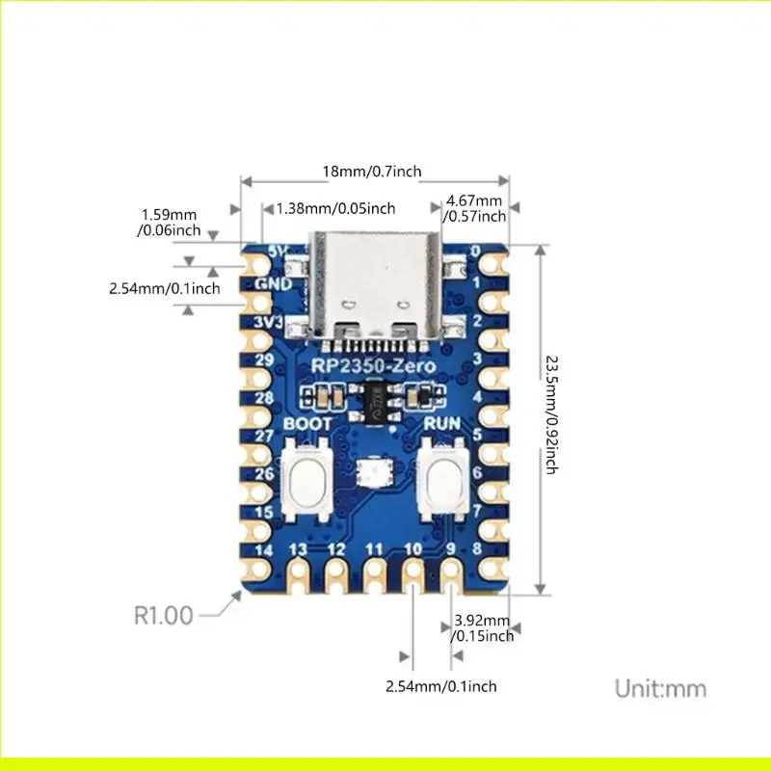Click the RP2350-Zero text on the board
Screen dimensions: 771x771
[x=373, y=366]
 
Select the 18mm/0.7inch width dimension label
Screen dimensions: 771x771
[x=371, y=172]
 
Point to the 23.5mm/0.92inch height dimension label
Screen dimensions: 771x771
[x=551, y=414]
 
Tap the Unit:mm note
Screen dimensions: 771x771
[x=660, y=688]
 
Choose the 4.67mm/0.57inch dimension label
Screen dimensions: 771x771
[x=473, y=207]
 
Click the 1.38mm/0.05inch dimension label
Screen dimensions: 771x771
[x=335, y=208]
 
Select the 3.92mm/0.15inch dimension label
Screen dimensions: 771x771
[x=482, y=626]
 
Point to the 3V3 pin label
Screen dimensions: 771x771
[x=269, y=321]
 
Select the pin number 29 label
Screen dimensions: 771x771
[x=265, y=359]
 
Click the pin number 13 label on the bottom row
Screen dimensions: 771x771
[x=299, y=548]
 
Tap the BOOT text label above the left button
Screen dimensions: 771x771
[x=307, y=424]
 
